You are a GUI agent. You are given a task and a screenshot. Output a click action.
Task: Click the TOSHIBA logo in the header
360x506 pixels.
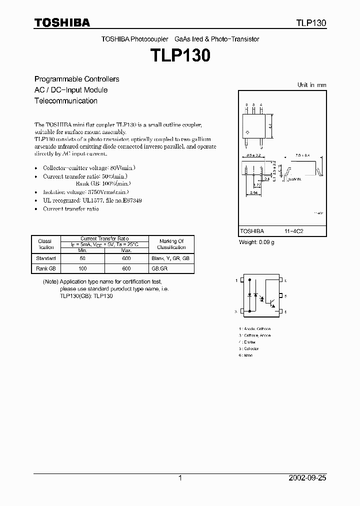pyautogui.click(x=62, y=22)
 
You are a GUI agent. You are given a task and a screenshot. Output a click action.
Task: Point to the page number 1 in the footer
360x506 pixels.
pyautogui.click(x=180, y=478)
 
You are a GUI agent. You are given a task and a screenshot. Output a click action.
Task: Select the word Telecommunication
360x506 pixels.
pyautogui.click(x=65, y=100)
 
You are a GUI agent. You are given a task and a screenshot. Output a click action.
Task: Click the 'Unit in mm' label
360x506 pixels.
pyautogui.click(x=311, y=85)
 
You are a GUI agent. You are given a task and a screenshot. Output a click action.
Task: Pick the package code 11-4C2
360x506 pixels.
pyautogui.click(x=293, y=231)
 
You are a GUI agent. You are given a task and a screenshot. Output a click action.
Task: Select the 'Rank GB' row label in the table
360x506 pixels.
pyautogui.click(x=46, y=268)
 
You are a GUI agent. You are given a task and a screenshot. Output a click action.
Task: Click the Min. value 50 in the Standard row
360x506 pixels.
pyautogui.click(x=82, y=258)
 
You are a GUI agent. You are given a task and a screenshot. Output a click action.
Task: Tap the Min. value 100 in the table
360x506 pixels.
pyautogui.click(x=82, y=268)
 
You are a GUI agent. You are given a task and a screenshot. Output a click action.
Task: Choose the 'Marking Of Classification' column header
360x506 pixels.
pyautogui.click(x=171, y=244)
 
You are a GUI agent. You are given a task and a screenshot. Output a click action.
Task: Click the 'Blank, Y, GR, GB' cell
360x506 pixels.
pyautogui.click(x=171, y=258)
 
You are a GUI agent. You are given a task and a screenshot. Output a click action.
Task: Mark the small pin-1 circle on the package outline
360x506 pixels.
pyautogui.click(x=247, y=132)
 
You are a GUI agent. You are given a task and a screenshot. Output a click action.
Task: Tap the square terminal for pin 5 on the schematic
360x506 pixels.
pyautogui.click(x=280, y=296)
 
